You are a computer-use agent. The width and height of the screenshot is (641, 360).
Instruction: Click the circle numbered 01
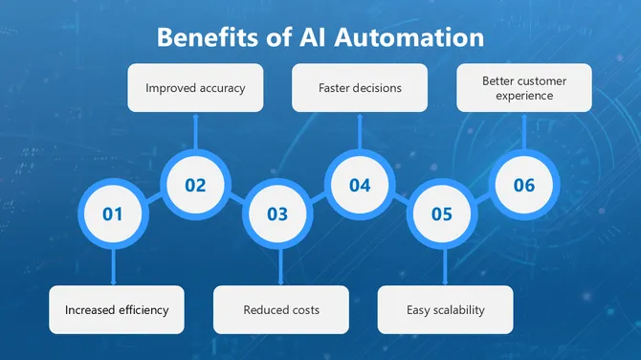click(x=113, y=214)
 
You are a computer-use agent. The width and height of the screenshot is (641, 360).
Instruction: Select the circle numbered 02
click(x=195, y=185)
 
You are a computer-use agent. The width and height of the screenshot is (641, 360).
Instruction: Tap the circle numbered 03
click(x=277, y=214)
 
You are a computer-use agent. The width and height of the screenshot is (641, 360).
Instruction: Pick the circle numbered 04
click(x=360, y=185)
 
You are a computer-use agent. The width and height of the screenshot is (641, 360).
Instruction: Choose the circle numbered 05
click(x=442, y=214)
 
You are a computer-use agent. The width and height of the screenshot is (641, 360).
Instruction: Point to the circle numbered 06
click(x=524, y=185)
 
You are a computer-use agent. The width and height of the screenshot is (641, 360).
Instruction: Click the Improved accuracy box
click(x=195, y=88)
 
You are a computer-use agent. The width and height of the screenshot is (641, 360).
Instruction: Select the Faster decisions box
click(x=360, y=88)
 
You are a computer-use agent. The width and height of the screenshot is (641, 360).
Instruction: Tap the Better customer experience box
click(x=524, y=88)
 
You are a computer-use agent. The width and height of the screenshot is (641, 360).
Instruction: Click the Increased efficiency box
click(x=117, y=309)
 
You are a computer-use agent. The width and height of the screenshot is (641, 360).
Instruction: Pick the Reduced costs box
click(x=281, y=309)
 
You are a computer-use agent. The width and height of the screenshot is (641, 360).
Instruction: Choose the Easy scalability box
click(x=445, y=309)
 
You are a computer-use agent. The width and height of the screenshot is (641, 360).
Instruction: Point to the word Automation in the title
click(x=412, y=38)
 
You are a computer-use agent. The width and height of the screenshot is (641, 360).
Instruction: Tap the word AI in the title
click(x=313, y=38)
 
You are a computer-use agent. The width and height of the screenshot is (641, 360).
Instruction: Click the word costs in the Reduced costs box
click(x=302, y=310)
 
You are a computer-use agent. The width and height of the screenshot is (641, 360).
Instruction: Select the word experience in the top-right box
click(x=524, y=97)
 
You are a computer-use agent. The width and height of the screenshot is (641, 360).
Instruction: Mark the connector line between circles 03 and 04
click(x=319, y=199)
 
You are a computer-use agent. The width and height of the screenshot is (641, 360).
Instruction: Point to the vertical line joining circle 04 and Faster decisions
click(x=360, y=133)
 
